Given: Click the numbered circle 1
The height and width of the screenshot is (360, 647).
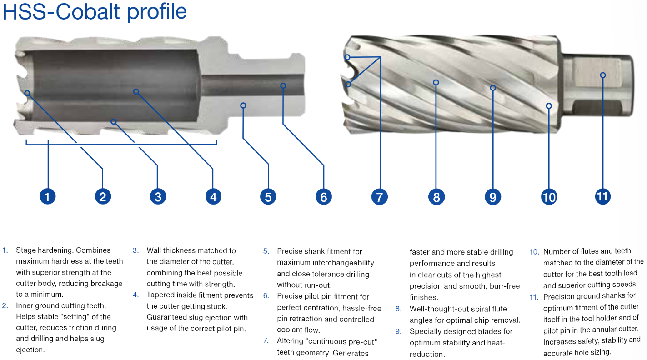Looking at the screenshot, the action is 47,196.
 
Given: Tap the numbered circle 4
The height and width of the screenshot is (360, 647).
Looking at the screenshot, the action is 213,196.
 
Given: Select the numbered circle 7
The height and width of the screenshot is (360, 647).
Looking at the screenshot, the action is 379,196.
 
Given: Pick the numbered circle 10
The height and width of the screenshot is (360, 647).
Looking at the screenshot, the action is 549,197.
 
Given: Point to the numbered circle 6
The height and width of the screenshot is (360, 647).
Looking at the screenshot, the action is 323,196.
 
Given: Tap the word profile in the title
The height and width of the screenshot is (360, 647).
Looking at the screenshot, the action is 157,12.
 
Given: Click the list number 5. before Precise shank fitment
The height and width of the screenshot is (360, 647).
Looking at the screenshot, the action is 266,251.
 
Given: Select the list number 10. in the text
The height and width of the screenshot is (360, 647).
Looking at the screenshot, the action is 534,251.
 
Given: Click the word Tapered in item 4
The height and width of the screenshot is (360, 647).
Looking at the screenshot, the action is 160,295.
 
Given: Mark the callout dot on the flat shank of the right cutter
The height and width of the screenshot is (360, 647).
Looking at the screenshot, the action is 603,75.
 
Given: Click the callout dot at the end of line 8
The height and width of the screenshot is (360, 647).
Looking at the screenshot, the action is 436,83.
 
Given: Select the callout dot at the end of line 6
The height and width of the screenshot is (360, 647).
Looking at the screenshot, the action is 283,85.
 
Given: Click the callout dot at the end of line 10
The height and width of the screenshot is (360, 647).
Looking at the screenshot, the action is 549,106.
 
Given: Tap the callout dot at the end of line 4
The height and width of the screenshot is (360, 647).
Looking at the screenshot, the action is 136,92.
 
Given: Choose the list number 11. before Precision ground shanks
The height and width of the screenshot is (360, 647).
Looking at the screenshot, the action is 534,296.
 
